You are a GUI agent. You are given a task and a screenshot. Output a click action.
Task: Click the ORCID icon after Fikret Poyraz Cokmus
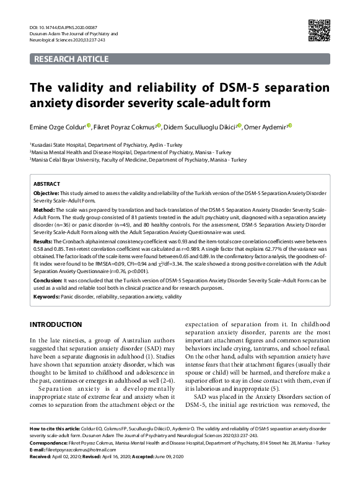pos(159,126)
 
